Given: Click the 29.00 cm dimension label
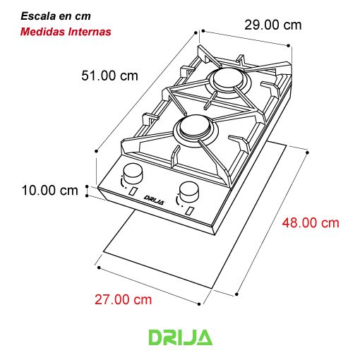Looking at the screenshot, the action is (x=273, y=25).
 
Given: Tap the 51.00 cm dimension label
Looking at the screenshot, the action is (x=109, y=76).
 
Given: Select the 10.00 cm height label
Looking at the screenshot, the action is (x=49, y=191).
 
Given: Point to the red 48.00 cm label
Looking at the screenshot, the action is (x=311, y=223).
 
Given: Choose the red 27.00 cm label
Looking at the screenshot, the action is (x=123, y=300).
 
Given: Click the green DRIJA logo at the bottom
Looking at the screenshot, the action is (x=181, y=337).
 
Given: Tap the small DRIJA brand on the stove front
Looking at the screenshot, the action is (x=154, y=200).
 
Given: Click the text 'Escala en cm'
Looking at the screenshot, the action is (x=56, y=16).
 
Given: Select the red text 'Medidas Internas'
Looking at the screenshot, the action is (x=66, y=32).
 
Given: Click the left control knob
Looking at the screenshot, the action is (x=133, y=174).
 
